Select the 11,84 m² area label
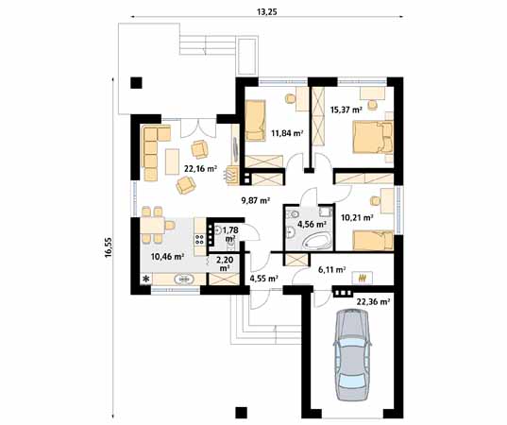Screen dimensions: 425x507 tap(287, 133)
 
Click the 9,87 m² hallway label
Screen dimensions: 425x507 tap(255, 200)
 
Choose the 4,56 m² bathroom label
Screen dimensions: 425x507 tap(312, 225)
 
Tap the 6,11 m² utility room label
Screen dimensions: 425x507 tap(331, 269)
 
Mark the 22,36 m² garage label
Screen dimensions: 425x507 tap(374, 301)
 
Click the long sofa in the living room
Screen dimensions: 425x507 tap(150, 152)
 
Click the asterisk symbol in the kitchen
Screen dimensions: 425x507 tap(146, 280)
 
